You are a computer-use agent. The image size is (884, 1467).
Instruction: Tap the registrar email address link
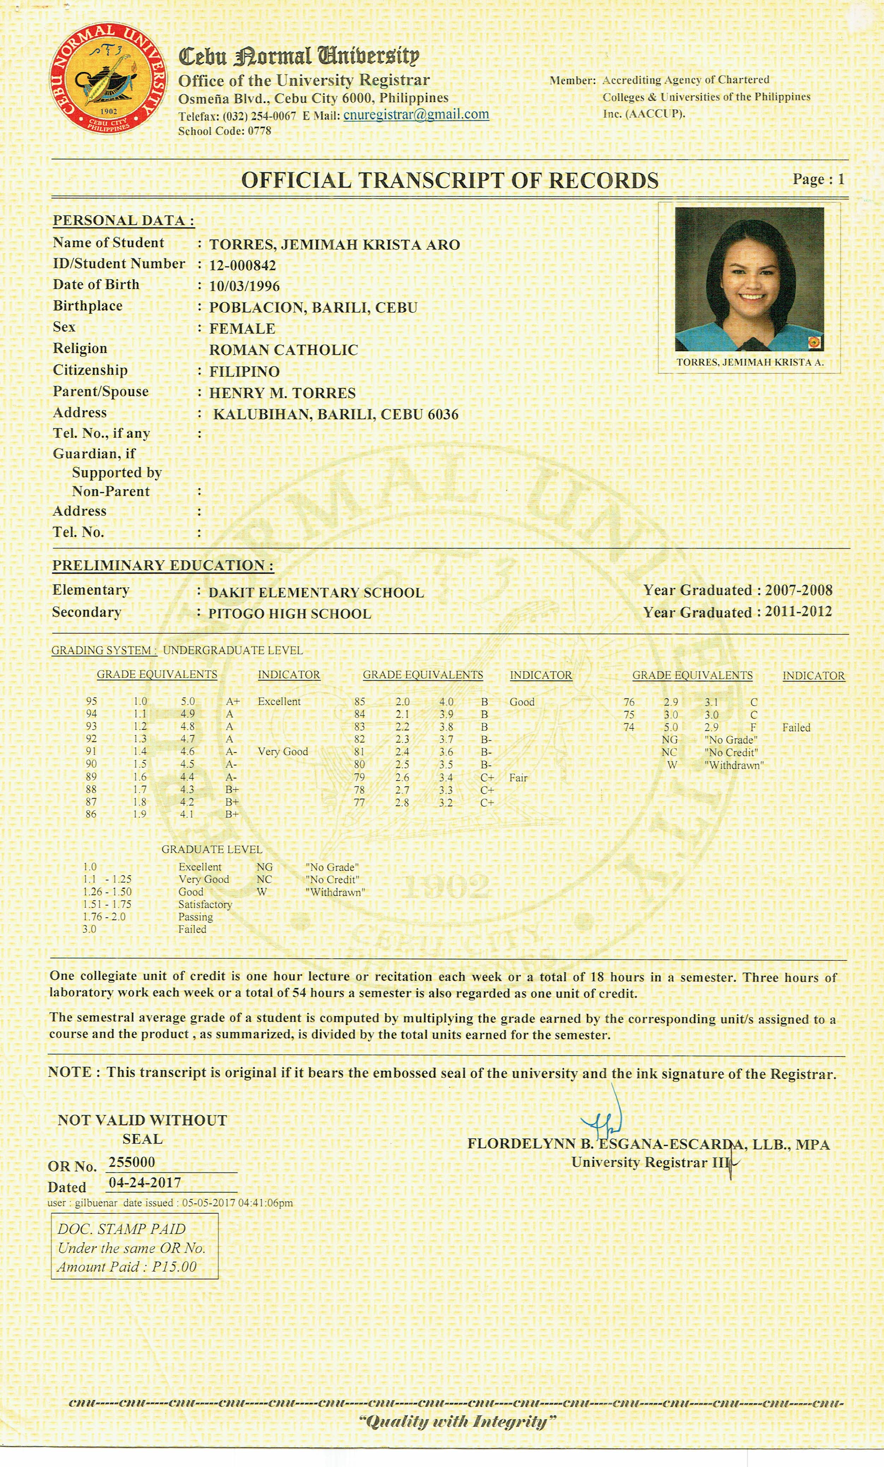click(416, 114)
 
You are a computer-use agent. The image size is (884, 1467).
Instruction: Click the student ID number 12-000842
click(242, 266)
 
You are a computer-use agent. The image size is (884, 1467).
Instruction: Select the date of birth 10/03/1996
click(244, 286)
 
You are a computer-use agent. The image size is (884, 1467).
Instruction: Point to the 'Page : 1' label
click(818, 179)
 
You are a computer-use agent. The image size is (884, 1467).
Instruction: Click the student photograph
click(749, 279)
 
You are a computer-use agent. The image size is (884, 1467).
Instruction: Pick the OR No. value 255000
click(132, 1162)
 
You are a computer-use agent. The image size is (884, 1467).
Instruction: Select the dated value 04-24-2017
click(145, 1182)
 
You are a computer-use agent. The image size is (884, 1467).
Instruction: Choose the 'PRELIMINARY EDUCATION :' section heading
click(163, 565)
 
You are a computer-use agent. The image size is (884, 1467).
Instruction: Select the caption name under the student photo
click(749, 362)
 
